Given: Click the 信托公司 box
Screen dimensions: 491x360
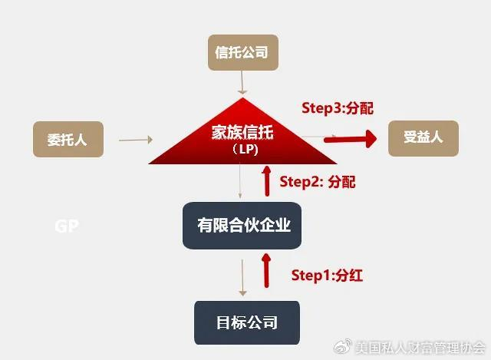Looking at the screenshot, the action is click(x=242, y=54).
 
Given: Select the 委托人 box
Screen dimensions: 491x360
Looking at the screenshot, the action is click(x=68, y=140).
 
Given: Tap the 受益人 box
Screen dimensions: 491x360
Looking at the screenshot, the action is click(x=423, y=138).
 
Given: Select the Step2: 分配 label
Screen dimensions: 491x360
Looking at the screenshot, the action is click(x=317, y=182).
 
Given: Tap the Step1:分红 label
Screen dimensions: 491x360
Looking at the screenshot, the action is click(x=327, y=276).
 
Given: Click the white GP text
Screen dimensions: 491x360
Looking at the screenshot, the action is click(x=67, y=226).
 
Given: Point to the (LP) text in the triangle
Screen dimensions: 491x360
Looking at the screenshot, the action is click(x=243, y=150).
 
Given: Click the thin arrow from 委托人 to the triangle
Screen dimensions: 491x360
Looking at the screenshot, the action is click(x=137, y=140).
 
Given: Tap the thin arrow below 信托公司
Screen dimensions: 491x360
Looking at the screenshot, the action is click(x=242, y=82).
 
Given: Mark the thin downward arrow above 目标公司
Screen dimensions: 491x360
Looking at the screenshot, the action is click(x=243, y=278).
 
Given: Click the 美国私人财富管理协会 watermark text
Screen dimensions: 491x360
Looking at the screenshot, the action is click(x=420, y=347).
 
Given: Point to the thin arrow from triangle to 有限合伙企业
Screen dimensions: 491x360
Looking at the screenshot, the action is click(x=242, y=184).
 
